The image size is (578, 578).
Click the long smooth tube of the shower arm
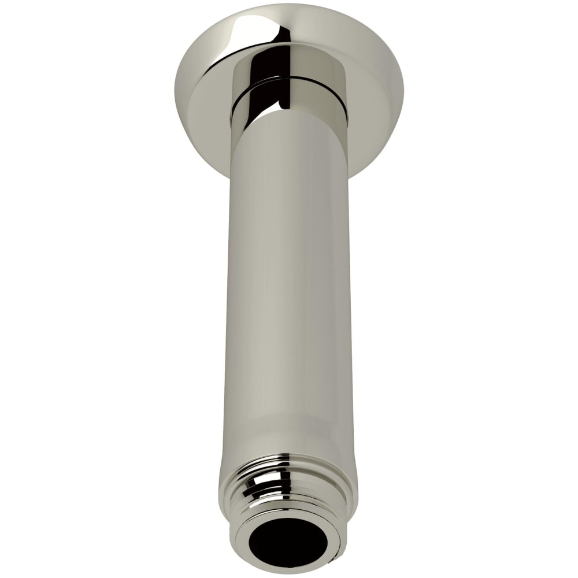coord(289,289)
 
